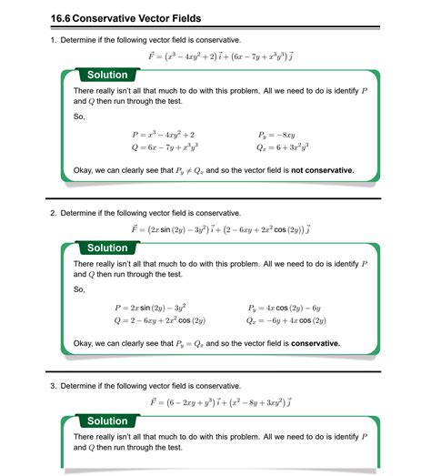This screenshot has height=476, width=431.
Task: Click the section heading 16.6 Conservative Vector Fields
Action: pyautogui.click(x=126, y=17)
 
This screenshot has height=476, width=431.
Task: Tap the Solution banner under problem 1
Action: pyautogui.click(x=107, y=75)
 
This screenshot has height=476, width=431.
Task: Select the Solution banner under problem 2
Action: pyautogui.click(x=107, y=248)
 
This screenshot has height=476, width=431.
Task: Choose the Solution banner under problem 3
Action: pyautogui.click(x=107, y=420)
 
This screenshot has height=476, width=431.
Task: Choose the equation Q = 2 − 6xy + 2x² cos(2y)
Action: pyautogui.click(x=160, y=320)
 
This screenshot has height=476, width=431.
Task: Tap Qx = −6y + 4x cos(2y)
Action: pyautogui.click(x=286, y=320)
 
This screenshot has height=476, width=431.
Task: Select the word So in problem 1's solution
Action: pyautogui.click(x=79, y=116)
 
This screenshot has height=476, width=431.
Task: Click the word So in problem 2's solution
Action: pyautogui.click(x=79, y=289)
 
